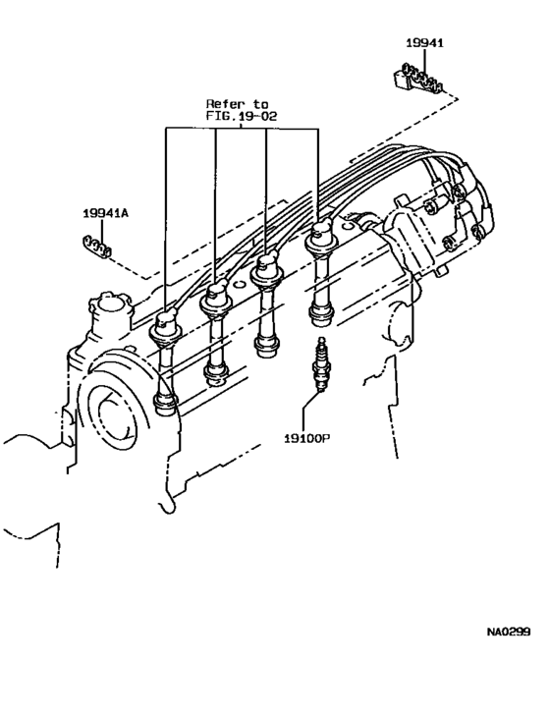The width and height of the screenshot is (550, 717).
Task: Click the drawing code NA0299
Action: coord(510,633)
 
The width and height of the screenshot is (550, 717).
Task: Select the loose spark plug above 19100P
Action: coord(317,363)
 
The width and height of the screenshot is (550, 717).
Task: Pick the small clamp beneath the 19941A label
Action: coord(95,246)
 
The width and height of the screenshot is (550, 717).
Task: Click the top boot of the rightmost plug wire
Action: coord(321,240)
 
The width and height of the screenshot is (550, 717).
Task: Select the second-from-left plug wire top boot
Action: coord(218,298)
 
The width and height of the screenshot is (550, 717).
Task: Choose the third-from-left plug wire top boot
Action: coord(266,270)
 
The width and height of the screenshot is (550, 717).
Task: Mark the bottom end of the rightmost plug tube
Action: coord(319,314)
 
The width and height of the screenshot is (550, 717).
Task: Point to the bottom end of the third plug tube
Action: coord(264,345)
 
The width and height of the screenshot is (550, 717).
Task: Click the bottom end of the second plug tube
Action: coord(216,372)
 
